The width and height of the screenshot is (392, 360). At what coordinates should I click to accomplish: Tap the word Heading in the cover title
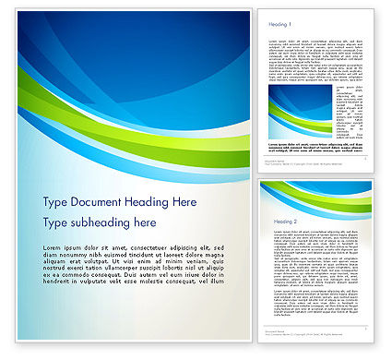(147, 202)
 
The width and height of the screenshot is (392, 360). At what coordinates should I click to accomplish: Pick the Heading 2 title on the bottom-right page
(279, 222)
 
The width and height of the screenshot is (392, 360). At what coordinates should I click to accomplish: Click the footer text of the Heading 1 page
(281, 162)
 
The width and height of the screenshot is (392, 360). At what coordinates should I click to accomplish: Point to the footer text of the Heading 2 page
(281, 333)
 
